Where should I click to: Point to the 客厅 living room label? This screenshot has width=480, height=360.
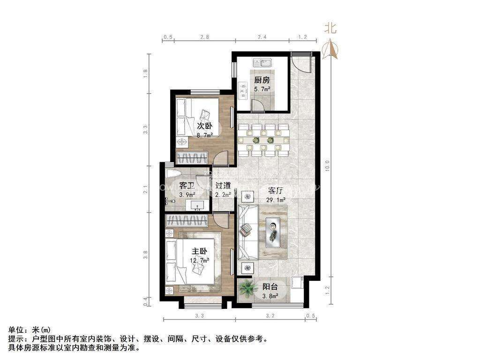point(275,191)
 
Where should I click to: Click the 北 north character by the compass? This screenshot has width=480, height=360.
point(330,28)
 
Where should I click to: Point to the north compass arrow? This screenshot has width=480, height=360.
point(332,48)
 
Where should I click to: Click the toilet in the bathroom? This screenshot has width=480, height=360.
point(173,174)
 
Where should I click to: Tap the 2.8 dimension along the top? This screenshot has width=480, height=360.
point(204,37)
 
